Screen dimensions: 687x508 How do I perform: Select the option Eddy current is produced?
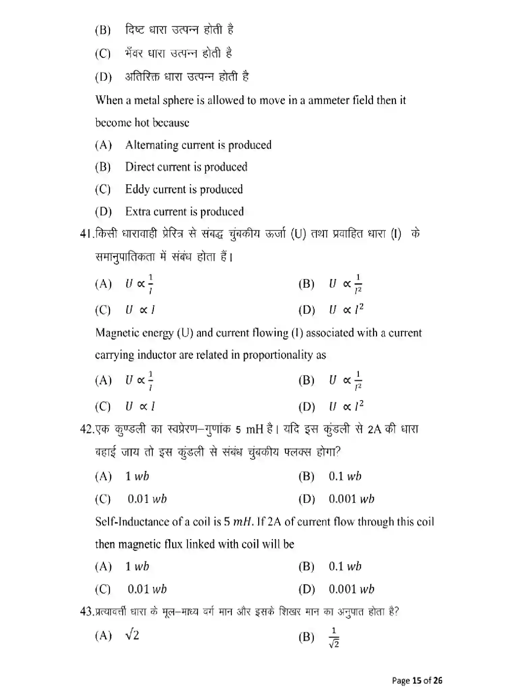[184, 189]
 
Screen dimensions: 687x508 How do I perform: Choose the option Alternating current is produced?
[198, 145]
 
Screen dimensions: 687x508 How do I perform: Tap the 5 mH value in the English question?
[238, 522]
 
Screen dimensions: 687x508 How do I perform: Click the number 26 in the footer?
[438, 680]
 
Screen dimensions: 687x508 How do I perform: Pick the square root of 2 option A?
[132, 635]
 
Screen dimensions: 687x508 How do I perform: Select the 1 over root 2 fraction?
[334, 638]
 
